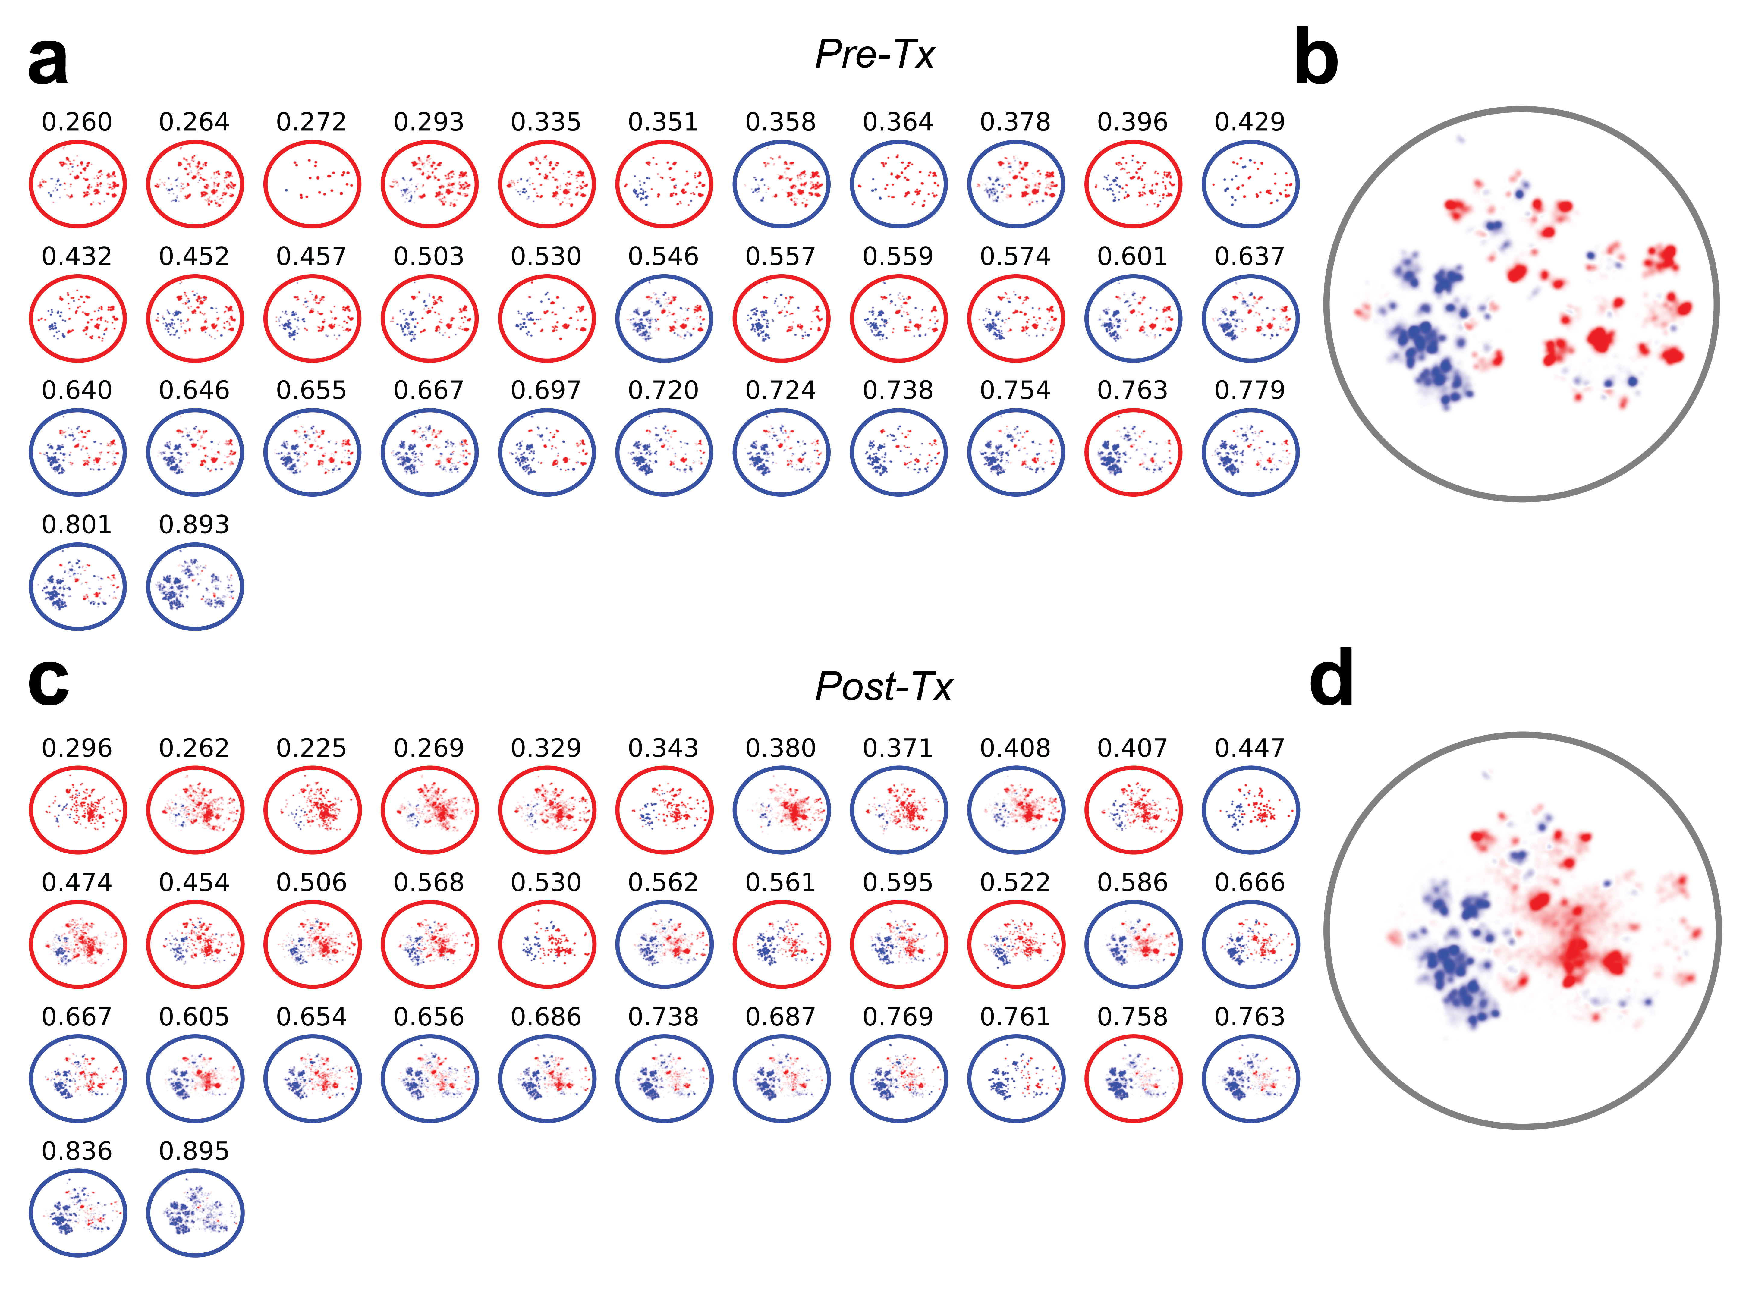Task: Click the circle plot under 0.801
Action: point(77,587)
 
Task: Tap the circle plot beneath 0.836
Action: point(77,1213)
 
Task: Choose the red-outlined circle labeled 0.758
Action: point(1133,1079)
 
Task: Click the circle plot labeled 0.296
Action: point(77,811)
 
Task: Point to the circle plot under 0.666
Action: point(1251,945)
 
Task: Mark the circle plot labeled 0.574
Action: point(1016,319)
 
